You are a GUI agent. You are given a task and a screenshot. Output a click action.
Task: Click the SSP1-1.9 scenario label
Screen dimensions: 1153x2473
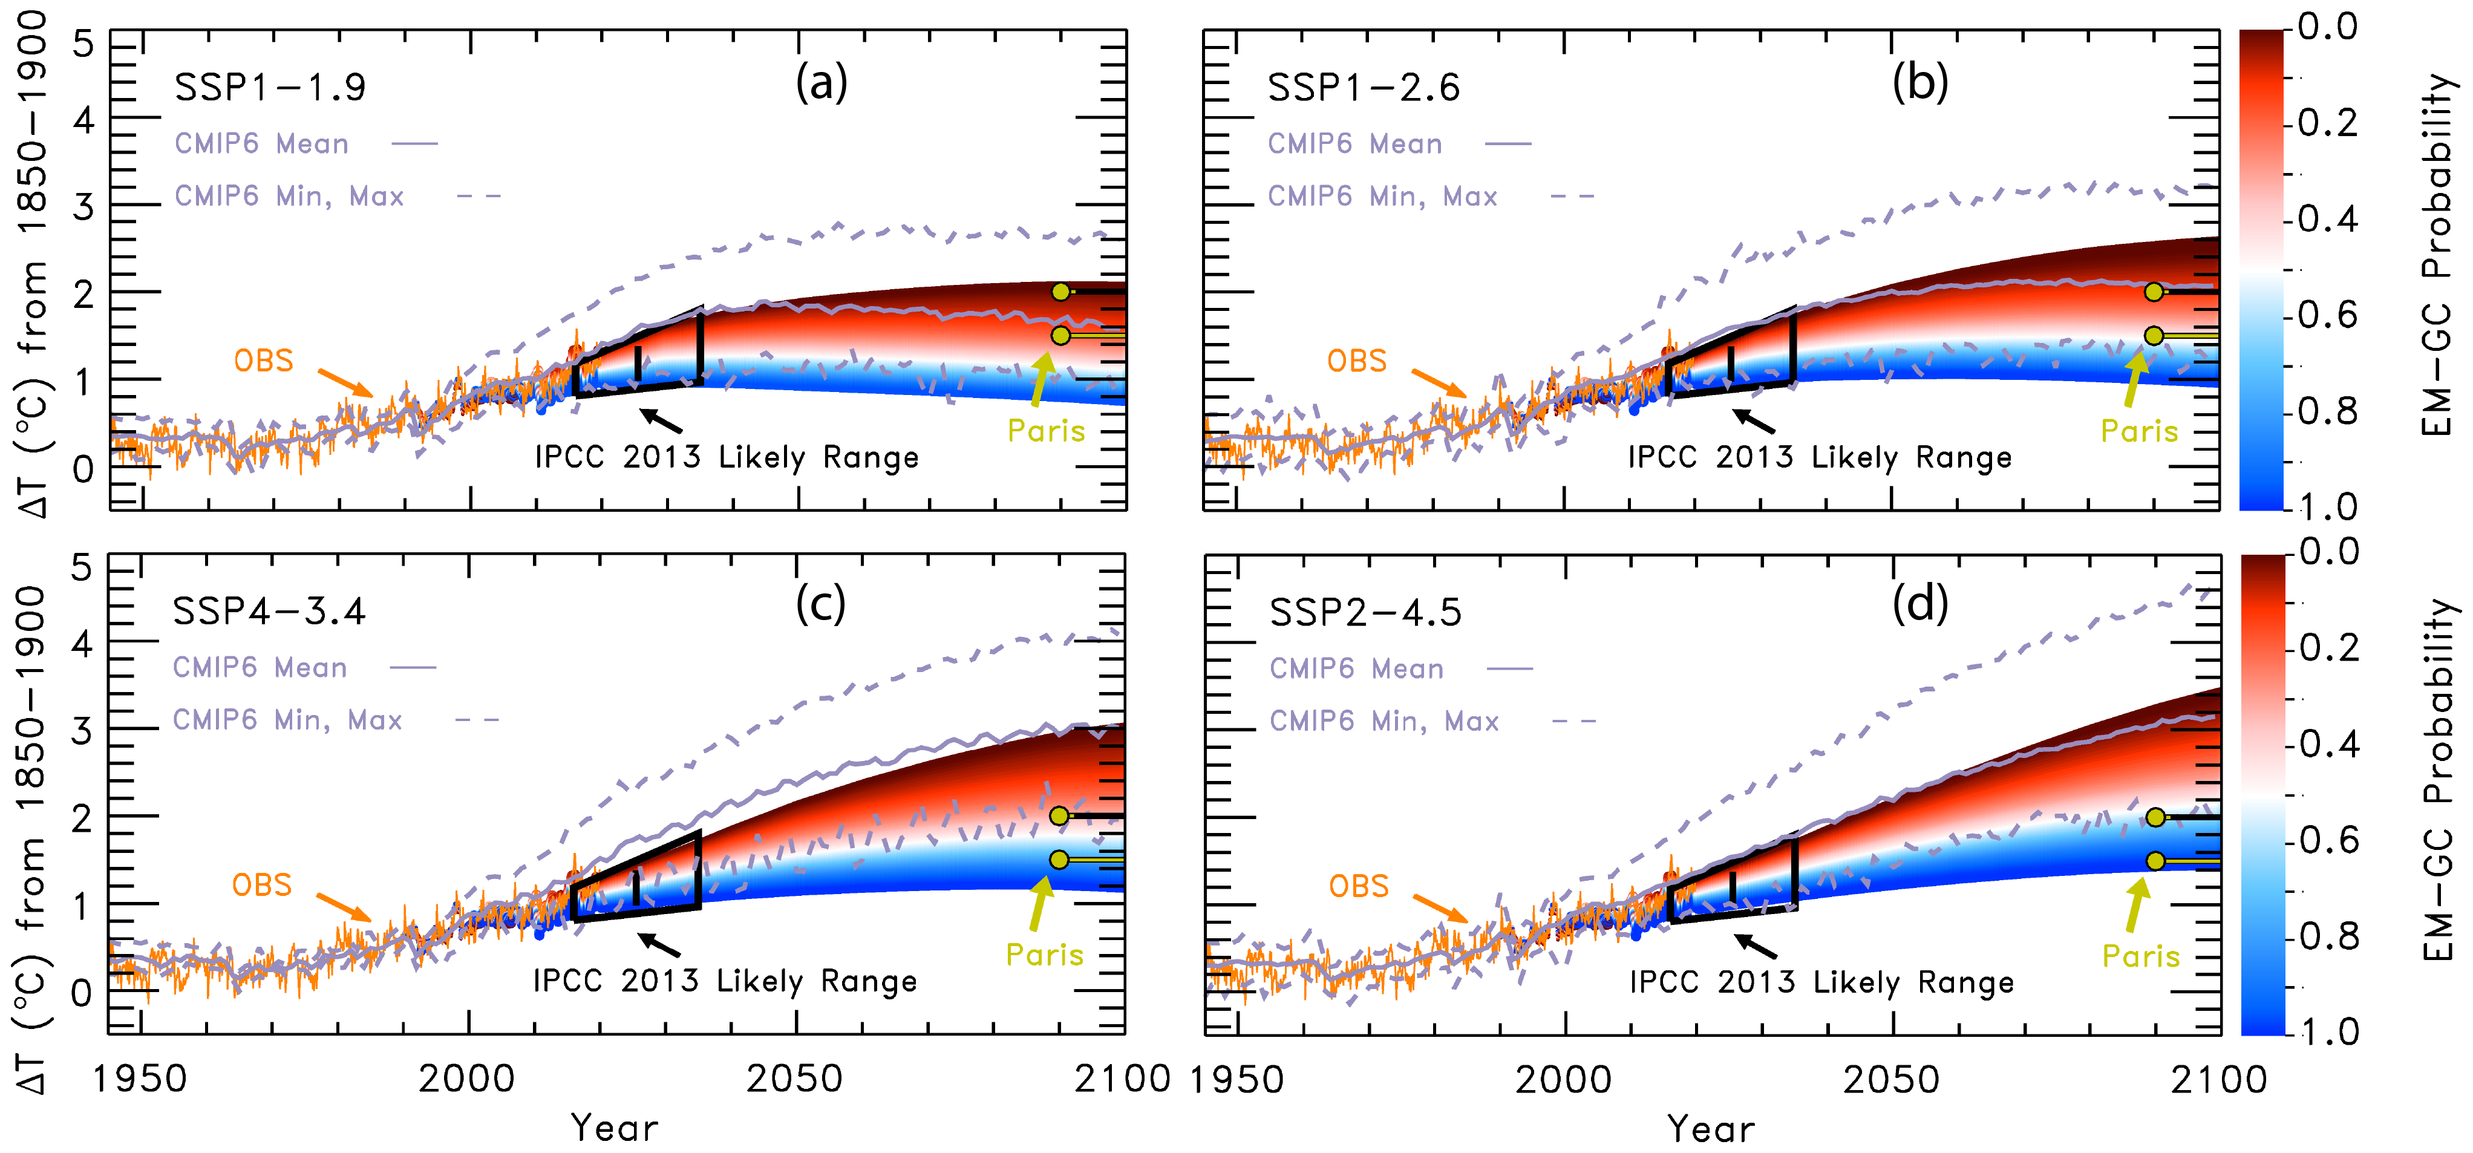[x=270, y=87]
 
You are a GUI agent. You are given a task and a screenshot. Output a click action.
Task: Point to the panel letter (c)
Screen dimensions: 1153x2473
[x=821, y=604]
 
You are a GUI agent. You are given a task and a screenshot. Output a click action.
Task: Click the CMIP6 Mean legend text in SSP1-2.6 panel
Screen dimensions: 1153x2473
[x=1354, y=144]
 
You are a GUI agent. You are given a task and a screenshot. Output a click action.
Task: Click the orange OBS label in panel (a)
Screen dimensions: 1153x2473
[x=264, y=361]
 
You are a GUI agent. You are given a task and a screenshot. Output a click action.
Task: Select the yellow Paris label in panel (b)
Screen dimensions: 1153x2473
[x=2139, y=431]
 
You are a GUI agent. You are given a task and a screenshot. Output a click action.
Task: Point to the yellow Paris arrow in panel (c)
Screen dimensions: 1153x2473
[x=1039, y=903]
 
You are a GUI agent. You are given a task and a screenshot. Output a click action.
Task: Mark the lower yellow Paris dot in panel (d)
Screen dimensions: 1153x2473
[x=2155, y=861]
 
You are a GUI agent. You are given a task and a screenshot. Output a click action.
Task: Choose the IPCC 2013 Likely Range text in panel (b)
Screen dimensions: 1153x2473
[x=1819, y=458]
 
